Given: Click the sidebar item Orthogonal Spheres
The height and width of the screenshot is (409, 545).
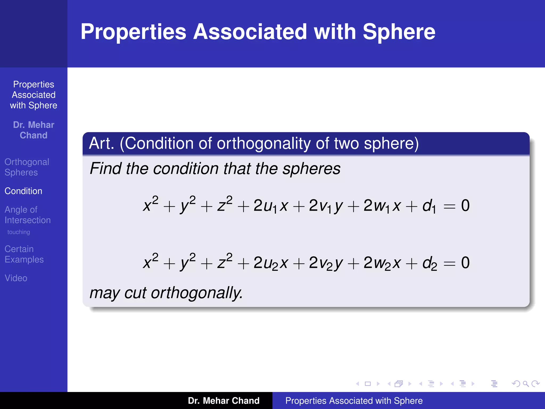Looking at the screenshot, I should click(x=27, y=167).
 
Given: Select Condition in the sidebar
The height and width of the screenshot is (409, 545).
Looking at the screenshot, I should click(x=23, y=191).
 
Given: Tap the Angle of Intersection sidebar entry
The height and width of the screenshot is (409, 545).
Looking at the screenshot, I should click(x=27, y=215).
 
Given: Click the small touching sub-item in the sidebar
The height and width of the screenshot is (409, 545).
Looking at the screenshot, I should click(x=19, y=232).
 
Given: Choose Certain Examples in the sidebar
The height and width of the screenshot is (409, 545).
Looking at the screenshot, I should click(x=24, y=254).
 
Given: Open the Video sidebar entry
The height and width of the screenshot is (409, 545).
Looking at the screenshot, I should click(x=16, y=278).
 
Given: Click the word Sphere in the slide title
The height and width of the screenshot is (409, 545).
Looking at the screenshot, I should click(x=399, y=32).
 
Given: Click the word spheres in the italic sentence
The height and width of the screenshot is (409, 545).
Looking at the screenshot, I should click(x=311, y=169).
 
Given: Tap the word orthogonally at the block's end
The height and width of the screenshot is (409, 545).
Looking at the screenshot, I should click(x=197, y=293).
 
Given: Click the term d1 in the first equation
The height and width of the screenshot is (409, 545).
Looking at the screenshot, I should click(x=429, y=206).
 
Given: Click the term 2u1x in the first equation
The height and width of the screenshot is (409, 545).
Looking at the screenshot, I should click(x=271, y=206).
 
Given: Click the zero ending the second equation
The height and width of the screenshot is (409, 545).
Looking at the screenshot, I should click(x=465, y=263).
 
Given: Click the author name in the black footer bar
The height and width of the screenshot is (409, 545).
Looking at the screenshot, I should click(x=224, y=401).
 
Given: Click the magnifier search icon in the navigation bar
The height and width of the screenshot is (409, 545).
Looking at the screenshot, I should click(x=526, y=384).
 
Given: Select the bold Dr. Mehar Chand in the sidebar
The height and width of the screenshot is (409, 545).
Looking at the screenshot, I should click(x=34, y=130).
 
